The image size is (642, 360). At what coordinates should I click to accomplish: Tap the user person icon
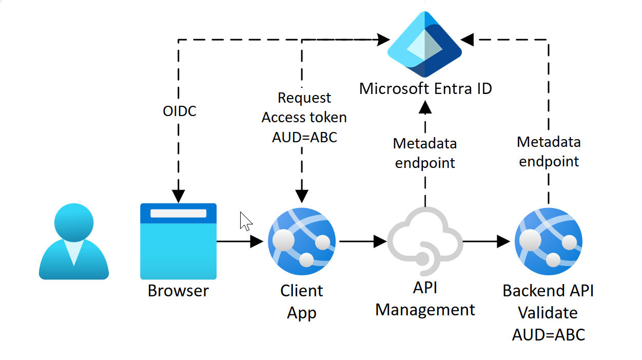point(74,241)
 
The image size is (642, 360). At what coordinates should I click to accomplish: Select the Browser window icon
point(178,241)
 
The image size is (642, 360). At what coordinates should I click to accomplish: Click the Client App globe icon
point(302,241)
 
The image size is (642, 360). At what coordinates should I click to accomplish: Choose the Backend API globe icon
point(549,241)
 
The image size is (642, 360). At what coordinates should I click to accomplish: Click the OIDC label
point(179,111)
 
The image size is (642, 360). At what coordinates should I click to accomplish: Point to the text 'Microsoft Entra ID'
point(425,88)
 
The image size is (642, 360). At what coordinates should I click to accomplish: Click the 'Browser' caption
point(178,291)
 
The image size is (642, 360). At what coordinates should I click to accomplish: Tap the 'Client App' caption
point(302,301)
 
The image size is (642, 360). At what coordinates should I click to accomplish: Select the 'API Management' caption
point(425,299)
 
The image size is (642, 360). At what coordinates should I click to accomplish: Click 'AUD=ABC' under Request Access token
point(304,137)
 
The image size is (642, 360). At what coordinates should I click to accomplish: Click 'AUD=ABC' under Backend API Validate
point(548,335)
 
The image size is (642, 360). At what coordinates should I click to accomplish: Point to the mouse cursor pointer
point(245,221)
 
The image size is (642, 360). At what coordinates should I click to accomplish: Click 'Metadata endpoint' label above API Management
point(424,153)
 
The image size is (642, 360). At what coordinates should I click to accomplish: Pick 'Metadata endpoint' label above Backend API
point(549,151)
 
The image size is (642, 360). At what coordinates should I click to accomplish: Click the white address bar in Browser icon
point(178,213)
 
